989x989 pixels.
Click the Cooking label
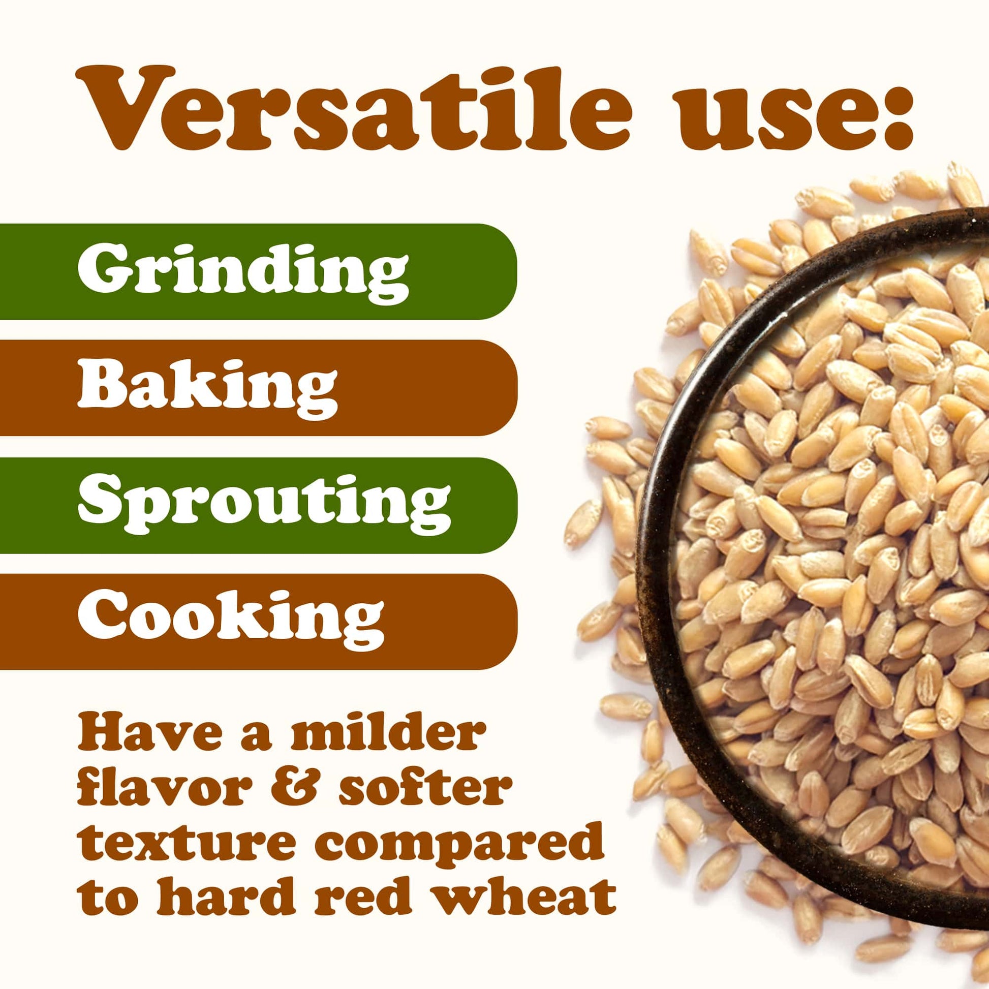pyautogui.click(x=230, y=621)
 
